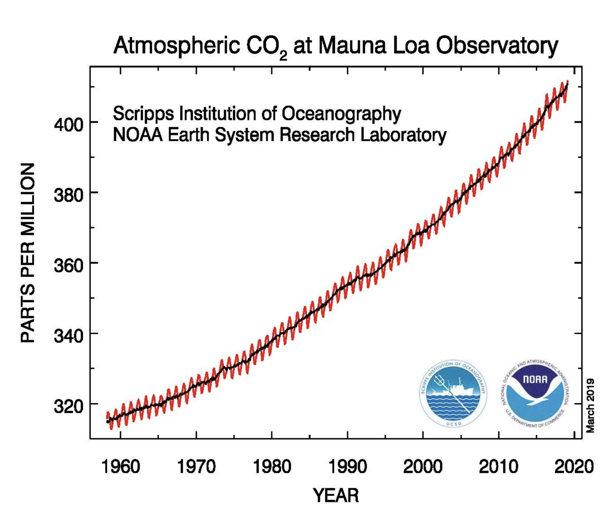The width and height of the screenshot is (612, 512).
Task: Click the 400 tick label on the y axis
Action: coord(69,125)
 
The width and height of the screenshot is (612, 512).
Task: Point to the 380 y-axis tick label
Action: coord(69,196)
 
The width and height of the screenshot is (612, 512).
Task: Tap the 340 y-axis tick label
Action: coord(69,336)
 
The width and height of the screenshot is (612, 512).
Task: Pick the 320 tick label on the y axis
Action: coord(69,407)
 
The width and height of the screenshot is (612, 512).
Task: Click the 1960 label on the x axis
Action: coord(121,466)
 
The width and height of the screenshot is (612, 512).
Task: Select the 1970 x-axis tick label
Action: coord(196,466)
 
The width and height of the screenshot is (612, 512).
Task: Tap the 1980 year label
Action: coord(272,466)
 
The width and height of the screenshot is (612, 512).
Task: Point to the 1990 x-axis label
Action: coord(347,466)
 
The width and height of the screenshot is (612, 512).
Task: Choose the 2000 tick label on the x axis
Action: coord(423,466)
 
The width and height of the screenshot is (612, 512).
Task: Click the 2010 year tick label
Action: coord(499,466)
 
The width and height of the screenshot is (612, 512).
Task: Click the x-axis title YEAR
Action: coord(336,496)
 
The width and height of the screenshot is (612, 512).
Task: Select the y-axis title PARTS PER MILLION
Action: coord(28,253)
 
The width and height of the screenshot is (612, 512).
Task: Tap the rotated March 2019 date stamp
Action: coord(590,405)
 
